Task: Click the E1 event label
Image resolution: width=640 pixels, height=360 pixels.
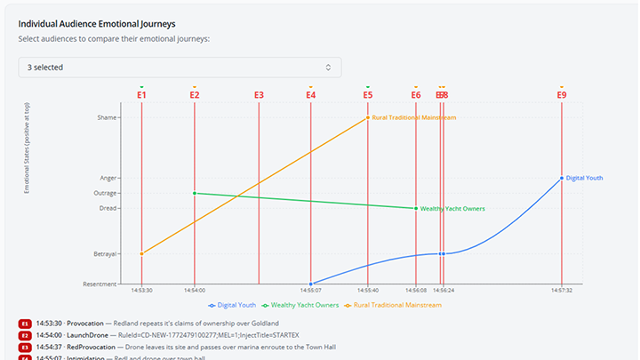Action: [x=141, y=95]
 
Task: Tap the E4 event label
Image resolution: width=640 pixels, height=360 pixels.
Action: [x=310, y=95]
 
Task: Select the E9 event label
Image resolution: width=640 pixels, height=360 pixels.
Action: [x=562, y=95]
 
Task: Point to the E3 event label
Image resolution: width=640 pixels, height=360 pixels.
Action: [x=259, y=95]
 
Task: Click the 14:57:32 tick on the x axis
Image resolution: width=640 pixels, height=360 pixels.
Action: [x=562, y=290]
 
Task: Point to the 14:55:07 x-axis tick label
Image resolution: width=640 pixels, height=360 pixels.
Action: [x=310, y=290]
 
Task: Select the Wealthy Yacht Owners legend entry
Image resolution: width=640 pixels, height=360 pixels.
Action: [x=301, y=305]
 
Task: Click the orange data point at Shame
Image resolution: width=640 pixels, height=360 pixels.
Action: [x=368, y=117]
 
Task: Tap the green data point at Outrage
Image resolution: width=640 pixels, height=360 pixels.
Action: [x=195, y=193]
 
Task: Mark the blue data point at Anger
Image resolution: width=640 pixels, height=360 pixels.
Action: [x=562, y=178]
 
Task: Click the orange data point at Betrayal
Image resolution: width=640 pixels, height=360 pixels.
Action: [x=141, y=253]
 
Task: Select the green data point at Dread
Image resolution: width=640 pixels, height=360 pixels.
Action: [x=416, y=208]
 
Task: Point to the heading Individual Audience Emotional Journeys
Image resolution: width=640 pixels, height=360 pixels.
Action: [x=108, y=24]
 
